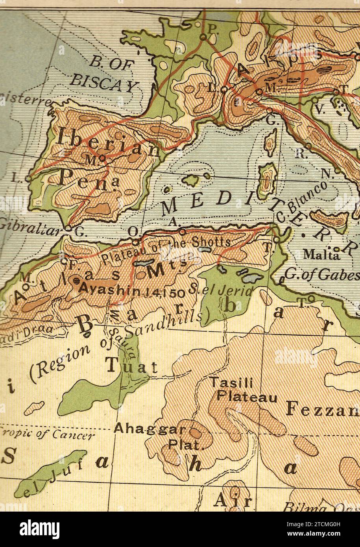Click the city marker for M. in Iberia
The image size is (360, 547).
102,158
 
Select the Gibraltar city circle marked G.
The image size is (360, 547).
68,228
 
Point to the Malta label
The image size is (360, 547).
321,255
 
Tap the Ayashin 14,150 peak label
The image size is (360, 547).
132,290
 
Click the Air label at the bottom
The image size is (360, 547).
233,500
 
